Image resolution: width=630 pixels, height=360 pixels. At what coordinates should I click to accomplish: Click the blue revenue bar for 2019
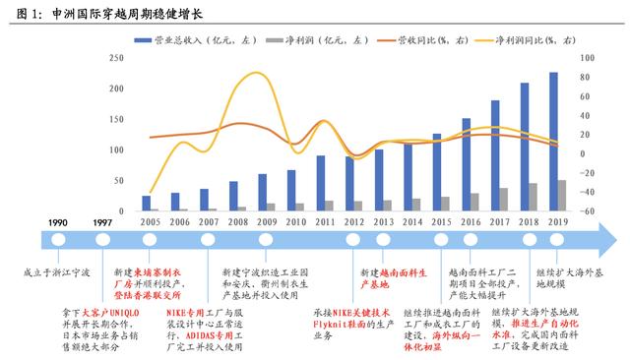(x=552, y=143)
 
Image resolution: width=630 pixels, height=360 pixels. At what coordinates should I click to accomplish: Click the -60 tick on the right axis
(x=588, y=211)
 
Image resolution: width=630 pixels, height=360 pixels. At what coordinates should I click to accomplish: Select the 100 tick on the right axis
(x=588, y=58)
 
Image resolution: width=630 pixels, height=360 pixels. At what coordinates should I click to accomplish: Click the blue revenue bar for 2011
(x=321, y=184)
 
